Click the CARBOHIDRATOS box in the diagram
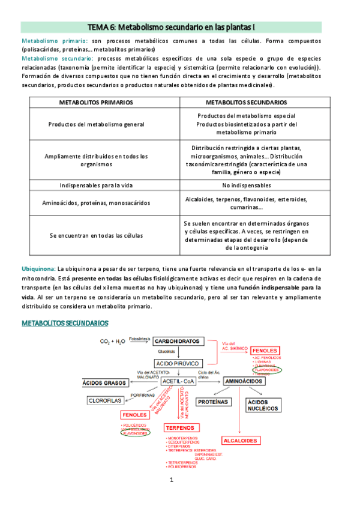pos(177,341)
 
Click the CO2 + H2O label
pos(113,342)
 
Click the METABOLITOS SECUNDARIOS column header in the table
pos(246,103)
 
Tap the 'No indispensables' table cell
pos(246,185)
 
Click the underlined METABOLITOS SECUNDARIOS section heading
pos(65,324)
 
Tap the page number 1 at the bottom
pos(171,480)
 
